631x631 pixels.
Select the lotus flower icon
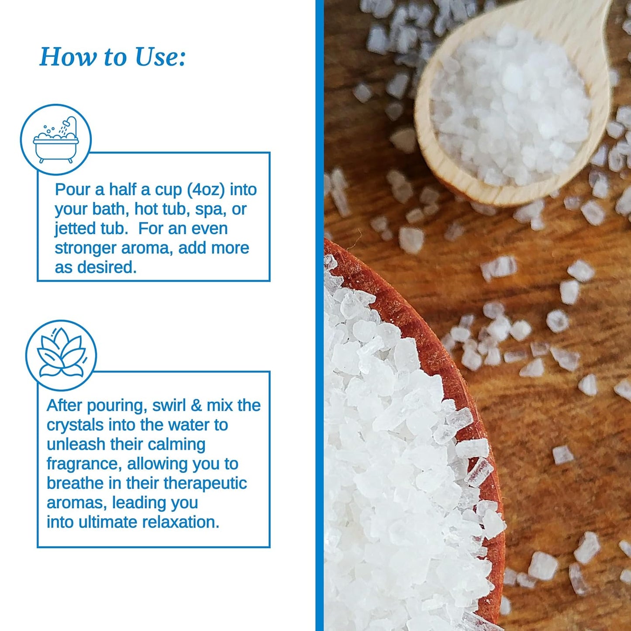(61, 355)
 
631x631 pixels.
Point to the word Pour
(72, 190)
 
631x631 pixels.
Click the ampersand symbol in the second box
(197, 405)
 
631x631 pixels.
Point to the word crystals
(75, 425)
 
